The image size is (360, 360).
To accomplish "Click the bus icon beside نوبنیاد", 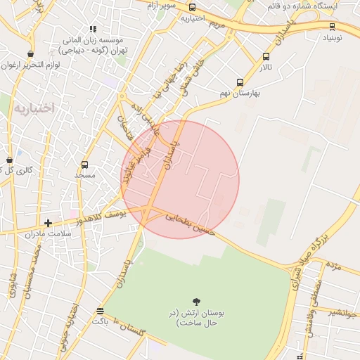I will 332,27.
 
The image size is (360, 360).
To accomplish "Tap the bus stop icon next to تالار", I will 266,57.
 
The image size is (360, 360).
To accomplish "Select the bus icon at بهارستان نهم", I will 240,82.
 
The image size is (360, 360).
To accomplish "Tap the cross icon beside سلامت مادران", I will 48,223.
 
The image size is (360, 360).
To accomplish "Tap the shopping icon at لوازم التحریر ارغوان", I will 30,53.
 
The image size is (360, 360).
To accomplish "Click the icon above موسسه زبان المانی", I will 93,30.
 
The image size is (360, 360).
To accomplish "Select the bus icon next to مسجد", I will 85,165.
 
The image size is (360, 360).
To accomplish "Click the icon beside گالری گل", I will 9,160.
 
